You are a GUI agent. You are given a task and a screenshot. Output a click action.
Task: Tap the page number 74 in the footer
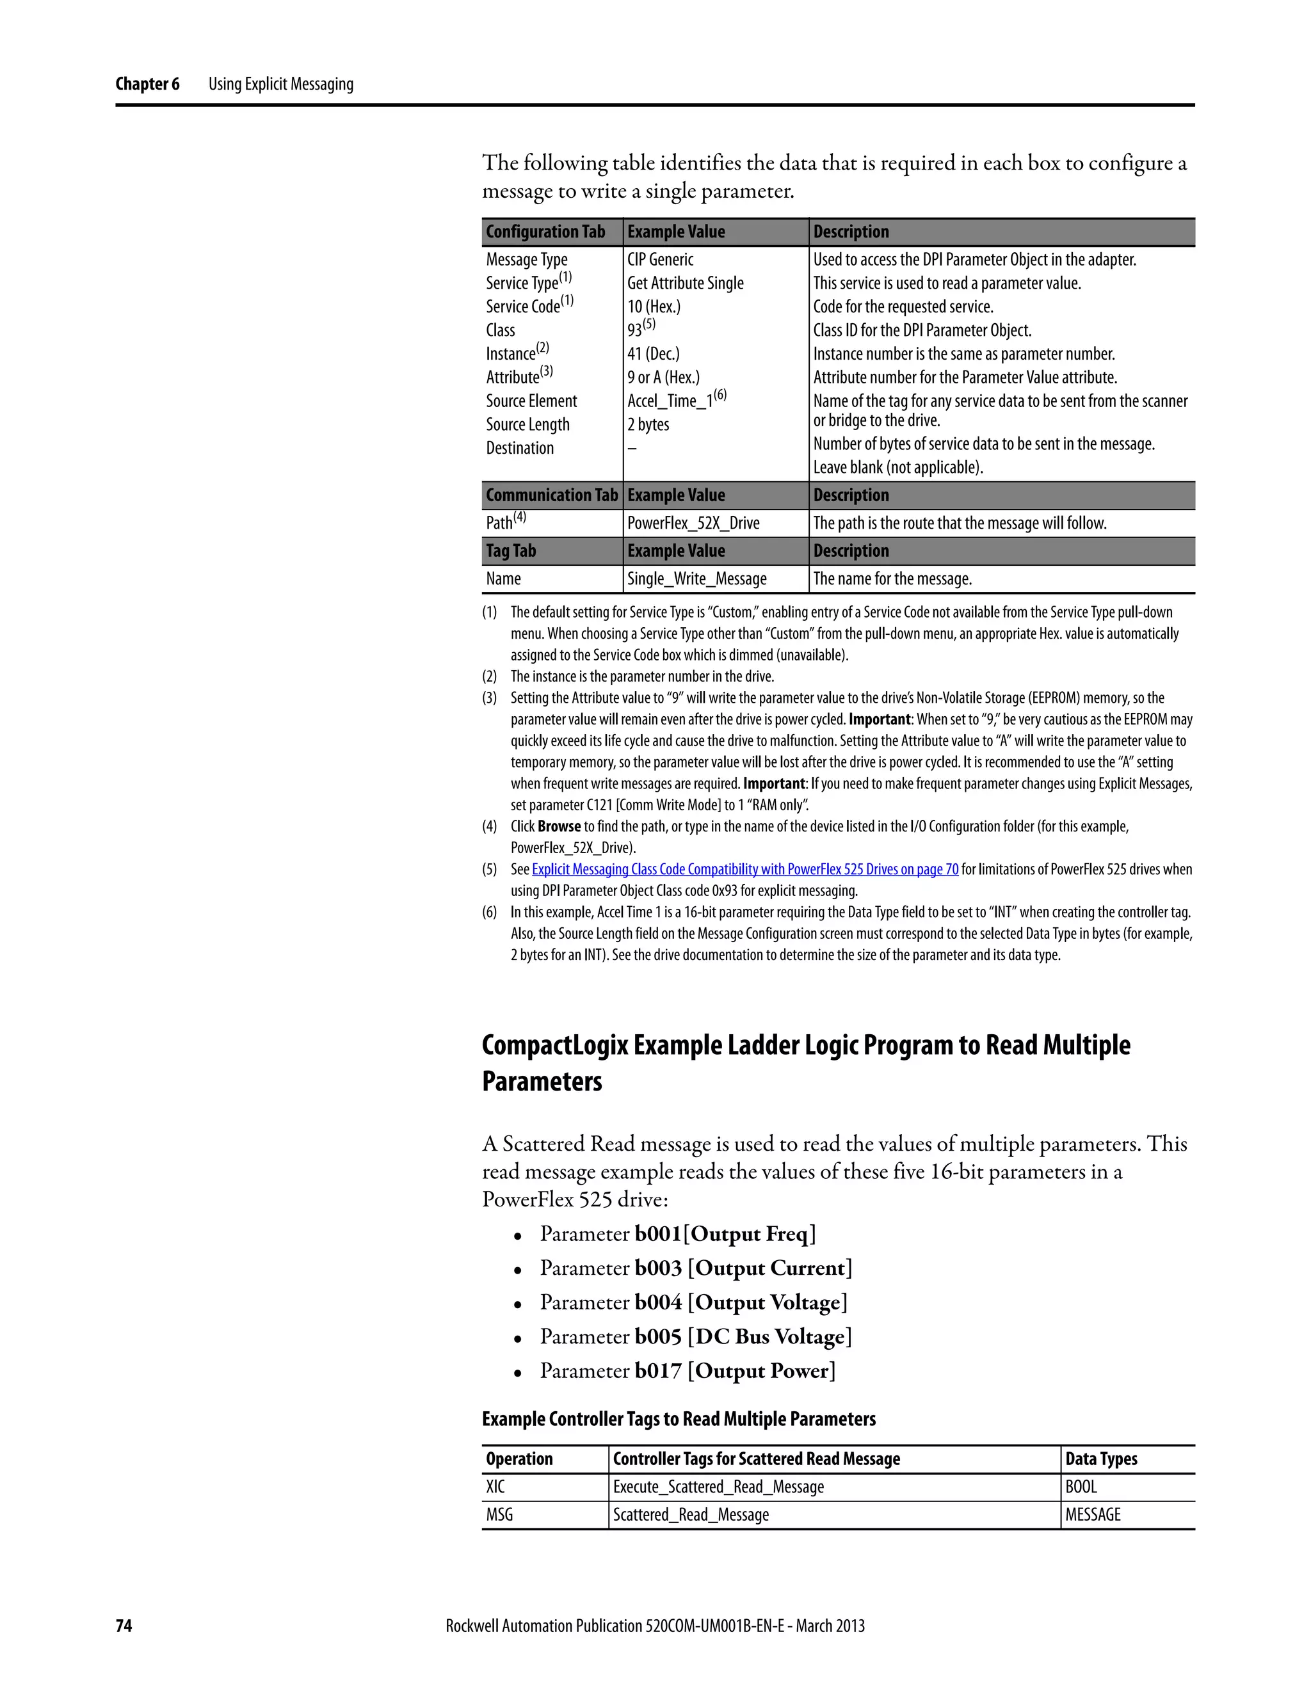(x=124, y=1626)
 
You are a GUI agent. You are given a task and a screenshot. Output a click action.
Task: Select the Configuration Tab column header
(x=545, y=232)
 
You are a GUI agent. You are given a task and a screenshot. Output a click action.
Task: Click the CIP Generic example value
(x=660, y=259)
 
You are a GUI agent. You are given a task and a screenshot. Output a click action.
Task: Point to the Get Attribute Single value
(x=685, y=284)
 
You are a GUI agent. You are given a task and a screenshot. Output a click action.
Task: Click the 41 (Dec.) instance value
(x=653, y=354)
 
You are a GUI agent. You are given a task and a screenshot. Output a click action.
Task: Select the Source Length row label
(x=527, y=425)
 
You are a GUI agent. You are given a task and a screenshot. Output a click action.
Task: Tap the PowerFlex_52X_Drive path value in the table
(x=693, y=523)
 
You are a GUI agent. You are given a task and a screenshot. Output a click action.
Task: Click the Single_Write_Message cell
(x=696, y=579)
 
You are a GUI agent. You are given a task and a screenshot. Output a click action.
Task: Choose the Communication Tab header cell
(x=551, y=495)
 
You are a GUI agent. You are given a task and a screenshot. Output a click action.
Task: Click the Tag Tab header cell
(x=510, y=550)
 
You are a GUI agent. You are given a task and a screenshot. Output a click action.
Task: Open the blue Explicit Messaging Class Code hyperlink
(x=745, y=869)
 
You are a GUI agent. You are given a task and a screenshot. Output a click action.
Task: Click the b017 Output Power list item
(x=688, y=1371)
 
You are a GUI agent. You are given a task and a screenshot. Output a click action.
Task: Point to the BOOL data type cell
(x=1081, y=1486)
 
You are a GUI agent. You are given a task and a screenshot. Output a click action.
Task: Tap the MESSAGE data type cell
(x=1093, y=1514)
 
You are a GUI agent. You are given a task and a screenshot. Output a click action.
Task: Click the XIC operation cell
(x=495, y=1486)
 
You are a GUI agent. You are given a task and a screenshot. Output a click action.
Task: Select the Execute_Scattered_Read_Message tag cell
(x=718, y=1486)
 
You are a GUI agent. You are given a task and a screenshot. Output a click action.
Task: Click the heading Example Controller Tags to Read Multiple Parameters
(x=678, y=1419)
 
